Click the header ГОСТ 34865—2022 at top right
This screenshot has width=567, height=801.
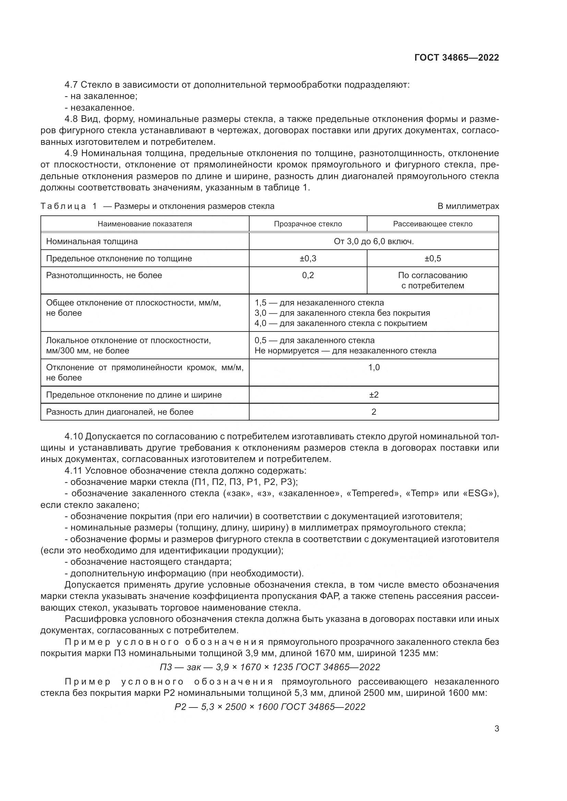[x=456, y=58]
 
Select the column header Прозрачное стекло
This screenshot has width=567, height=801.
[x=307, y=224]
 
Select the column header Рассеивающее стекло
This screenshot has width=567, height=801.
[x=433, y=224]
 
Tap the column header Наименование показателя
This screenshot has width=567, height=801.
[x=145, y=224]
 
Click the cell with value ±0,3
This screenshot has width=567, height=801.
[x=307, y=259]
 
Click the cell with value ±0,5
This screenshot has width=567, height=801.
[x=433, y=259]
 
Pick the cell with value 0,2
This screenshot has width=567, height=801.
[x=307, y=275]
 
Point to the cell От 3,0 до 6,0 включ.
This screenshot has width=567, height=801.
[x=374, y=241]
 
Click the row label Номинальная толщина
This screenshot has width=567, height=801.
[x=92, y=241]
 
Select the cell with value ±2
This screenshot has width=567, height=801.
[x=374, y=395]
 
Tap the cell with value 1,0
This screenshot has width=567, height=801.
[x=374, y=367]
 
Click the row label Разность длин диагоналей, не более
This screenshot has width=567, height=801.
[x=120, y=412]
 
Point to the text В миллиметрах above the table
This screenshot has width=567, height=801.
[x=468, y=206]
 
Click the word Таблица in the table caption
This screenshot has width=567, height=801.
[x=63, y=206]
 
